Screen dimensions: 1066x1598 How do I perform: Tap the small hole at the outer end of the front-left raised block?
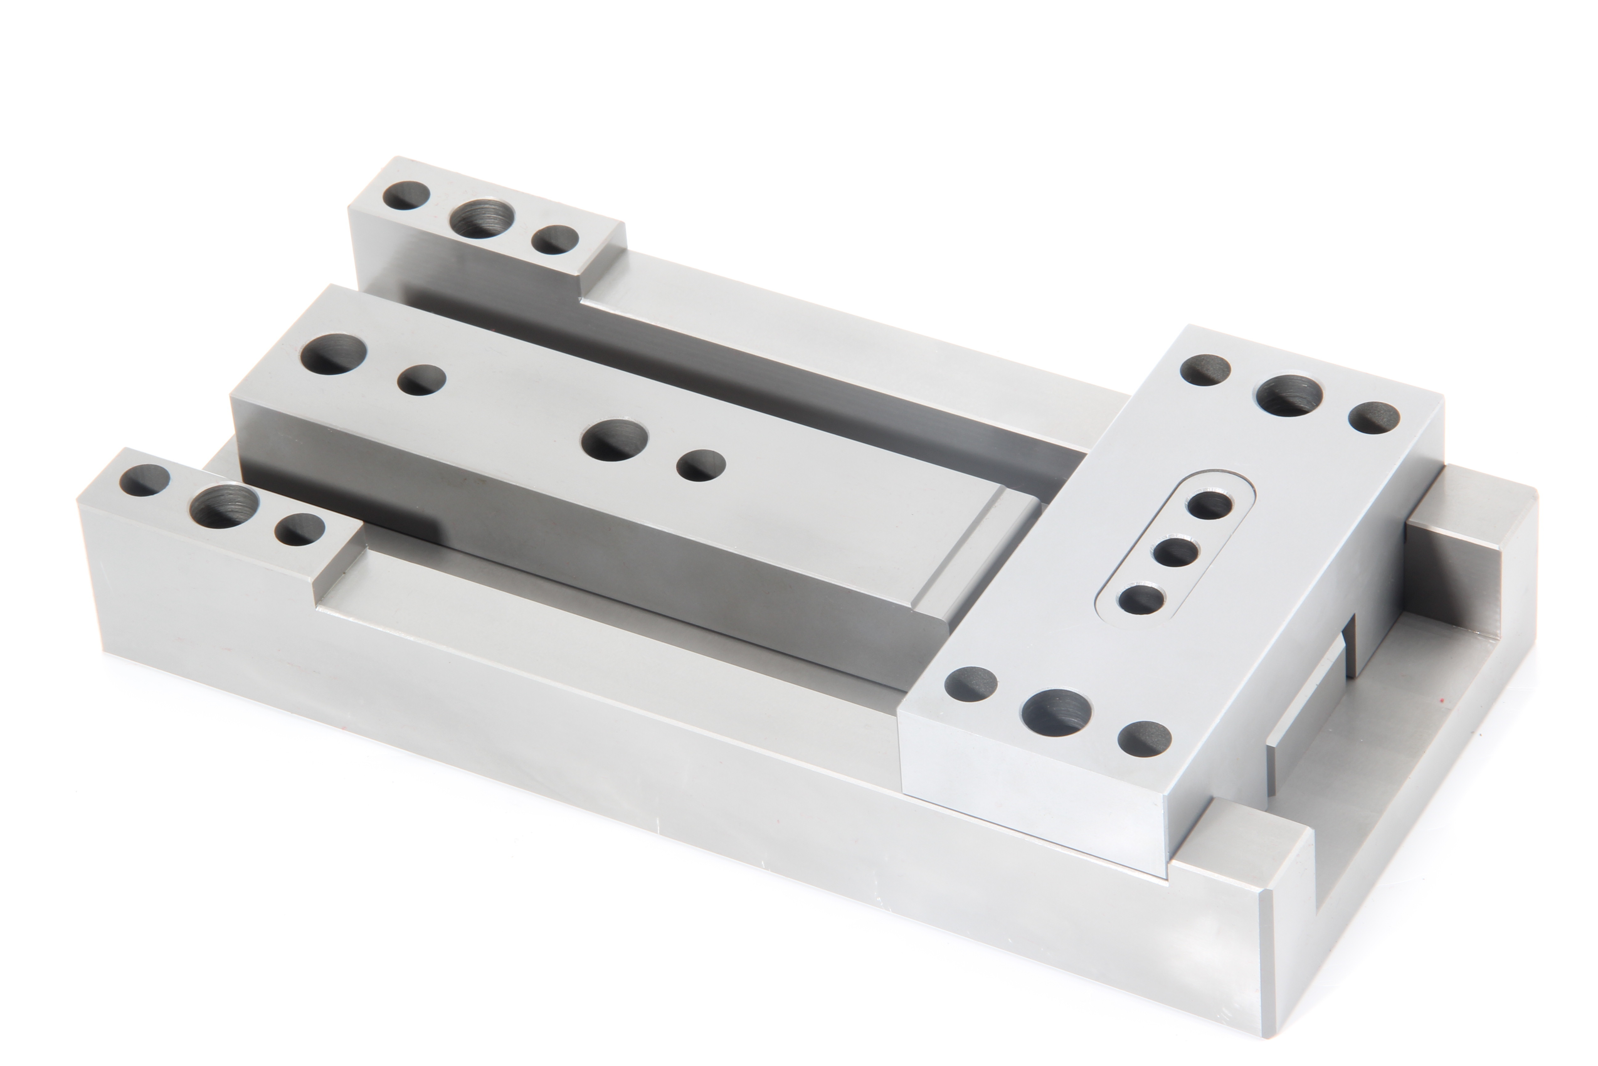(x=144, y=481)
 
